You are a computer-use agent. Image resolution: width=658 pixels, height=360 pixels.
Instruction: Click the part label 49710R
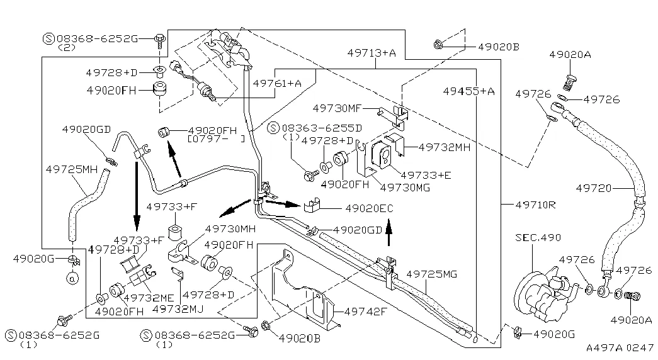535,205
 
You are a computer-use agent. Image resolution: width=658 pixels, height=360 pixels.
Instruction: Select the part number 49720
593,187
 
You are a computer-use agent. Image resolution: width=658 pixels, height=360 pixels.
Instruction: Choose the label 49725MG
431,274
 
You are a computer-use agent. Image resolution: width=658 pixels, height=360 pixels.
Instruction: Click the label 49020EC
369,208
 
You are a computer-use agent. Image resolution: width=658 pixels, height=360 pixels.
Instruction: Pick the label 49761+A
277,82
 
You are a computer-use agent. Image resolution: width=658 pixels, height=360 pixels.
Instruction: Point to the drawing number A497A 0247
620,347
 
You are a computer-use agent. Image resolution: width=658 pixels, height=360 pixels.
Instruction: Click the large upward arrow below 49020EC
389,233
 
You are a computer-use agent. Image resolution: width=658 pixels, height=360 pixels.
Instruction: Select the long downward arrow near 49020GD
136,196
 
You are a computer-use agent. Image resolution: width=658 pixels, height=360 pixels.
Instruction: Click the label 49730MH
230,229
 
